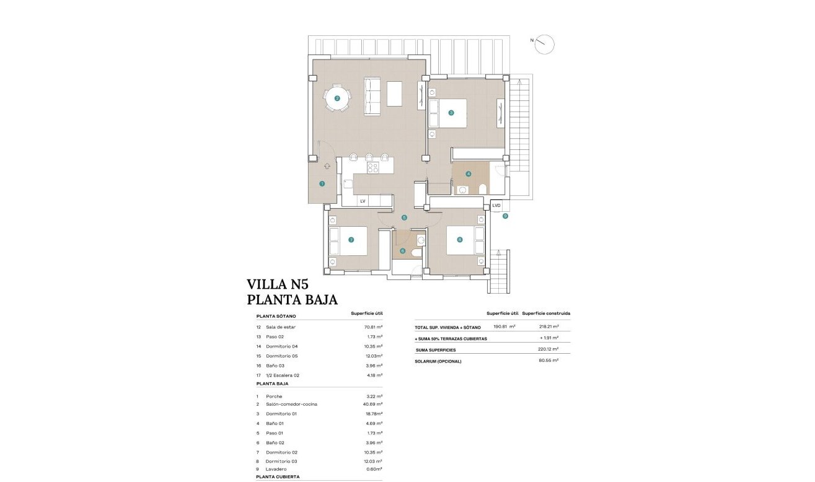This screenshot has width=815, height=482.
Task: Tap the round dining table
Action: tap(337, 98)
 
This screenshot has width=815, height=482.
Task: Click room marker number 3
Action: tap(451, 113)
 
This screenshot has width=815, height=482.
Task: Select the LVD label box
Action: tap(496, 205)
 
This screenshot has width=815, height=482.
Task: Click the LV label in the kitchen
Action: tap(363, 201)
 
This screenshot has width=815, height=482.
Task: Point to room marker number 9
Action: tap(505, 216)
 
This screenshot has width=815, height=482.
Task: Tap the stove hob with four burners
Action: tap(373, 167)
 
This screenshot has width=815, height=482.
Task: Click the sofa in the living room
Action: tap(372, 96)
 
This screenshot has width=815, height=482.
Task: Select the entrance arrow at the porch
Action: tap(327, 166)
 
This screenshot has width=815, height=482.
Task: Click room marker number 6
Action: tap(402, 251)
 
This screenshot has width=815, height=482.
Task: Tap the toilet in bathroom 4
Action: tap(484, 188)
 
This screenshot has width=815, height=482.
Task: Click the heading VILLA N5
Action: tap(277, 284)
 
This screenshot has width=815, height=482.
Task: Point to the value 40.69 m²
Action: tap(372, 404)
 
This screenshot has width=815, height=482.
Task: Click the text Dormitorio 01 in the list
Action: tap(282, 414)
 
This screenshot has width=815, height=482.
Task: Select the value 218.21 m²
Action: tap(549, 326)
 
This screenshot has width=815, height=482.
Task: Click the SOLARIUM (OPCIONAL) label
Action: tap(438, 361)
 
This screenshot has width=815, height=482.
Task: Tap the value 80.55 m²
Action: tap(549, 360)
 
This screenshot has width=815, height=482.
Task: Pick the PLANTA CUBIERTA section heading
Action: tap(278, 477)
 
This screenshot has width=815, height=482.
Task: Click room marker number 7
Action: tap(351, 240)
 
